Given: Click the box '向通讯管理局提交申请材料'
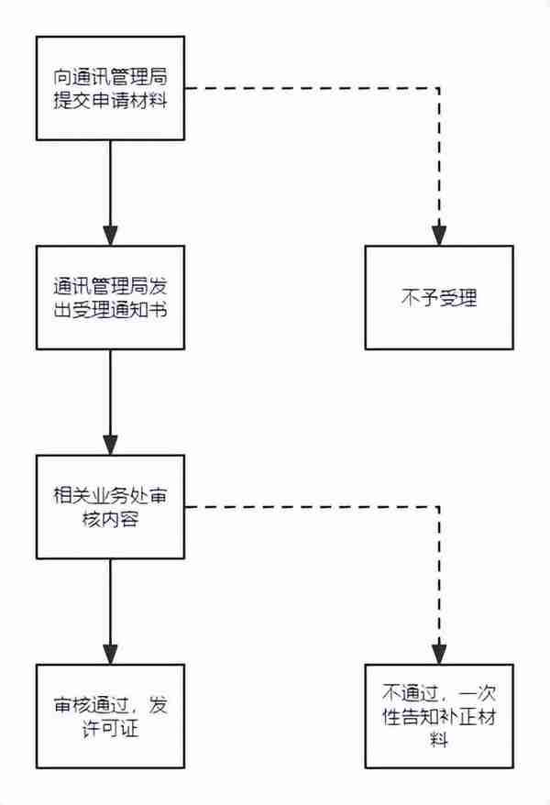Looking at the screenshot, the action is coord(110,88).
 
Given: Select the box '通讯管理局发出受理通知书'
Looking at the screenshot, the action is coord(110,298).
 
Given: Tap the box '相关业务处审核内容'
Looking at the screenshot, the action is coord(110,507).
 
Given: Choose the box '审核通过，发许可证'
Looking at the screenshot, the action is coord(110,717).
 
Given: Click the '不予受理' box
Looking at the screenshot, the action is coord(439,298).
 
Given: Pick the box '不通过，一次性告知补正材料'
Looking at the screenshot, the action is coord(439,717).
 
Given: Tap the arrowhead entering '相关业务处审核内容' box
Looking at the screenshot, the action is coord(110,446).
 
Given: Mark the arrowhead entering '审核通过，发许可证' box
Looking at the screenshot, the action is coord(110,655).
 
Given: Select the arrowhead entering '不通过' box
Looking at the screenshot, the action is coord(439,655).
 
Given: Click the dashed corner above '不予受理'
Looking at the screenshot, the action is coord(439,88).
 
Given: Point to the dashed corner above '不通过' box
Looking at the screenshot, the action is coord(439,507).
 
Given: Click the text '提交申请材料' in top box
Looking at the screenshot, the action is coord(110,100).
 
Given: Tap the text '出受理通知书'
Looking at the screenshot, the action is coord(110,310).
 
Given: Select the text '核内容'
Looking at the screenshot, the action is coord(110,519).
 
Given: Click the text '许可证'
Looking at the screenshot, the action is coord(110,729).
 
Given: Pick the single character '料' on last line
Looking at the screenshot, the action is coord(439,740).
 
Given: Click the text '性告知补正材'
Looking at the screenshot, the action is coord(439,717).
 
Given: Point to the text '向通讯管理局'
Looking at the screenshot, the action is coord(110,77).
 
